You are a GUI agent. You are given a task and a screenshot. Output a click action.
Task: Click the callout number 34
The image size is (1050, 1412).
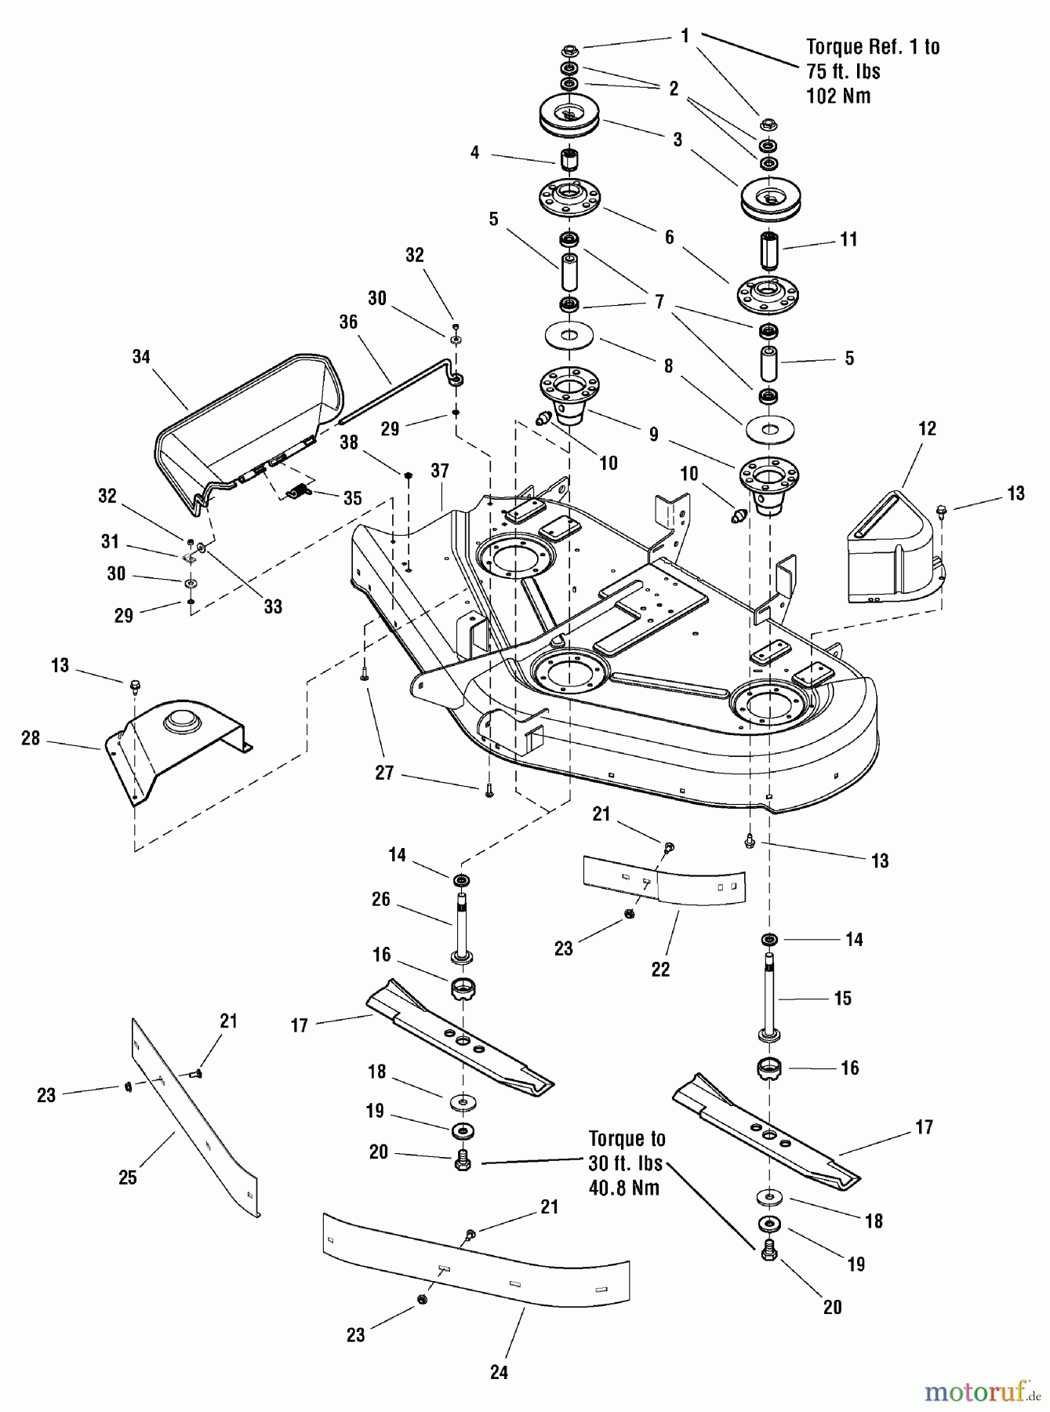click(141, 357)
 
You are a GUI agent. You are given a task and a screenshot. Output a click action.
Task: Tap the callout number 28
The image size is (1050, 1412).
click(31, 739)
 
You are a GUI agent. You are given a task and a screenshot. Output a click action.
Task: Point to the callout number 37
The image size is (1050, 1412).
click(440, 471)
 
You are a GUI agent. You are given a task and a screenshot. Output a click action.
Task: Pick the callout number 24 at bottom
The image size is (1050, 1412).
click(499, 1372)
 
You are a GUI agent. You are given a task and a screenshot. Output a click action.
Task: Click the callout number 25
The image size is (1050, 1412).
click(128, 1177)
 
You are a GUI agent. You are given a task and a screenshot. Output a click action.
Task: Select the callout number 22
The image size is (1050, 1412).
click(661, 970)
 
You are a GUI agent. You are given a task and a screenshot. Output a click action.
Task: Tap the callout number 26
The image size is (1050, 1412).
click(381, 899)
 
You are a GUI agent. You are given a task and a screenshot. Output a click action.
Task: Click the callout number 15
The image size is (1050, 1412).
click(843, 998)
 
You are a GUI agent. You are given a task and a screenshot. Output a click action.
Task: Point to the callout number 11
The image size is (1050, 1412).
click(849, 239)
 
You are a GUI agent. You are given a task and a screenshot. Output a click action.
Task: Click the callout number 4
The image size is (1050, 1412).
click(474, 152)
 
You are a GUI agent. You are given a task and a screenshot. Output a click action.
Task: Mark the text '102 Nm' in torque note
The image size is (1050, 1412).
click(838, 96)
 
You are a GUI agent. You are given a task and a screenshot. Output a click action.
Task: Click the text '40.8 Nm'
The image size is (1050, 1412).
click(623, 1187)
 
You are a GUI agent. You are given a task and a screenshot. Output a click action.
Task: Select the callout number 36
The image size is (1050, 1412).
click(348, 322)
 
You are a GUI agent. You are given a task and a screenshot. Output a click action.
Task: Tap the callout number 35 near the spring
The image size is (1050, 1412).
click(353, 498)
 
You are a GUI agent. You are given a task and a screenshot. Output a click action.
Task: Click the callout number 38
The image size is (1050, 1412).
click(349, 442)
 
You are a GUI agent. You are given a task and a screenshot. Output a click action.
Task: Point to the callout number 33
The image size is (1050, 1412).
click(273, 606)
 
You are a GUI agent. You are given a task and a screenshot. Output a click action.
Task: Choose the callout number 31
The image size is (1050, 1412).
click(111, 541)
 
